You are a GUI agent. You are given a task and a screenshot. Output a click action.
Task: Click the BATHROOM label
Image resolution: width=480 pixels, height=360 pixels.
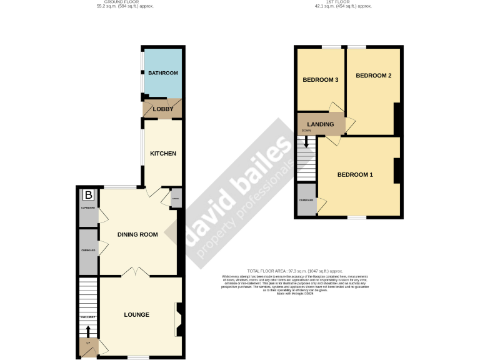point(162,73)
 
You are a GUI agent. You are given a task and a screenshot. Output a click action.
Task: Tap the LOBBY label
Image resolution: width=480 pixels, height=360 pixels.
point(163,109)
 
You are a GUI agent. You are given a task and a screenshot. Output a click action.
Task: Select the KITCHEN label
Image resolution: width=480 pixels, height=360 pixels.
point(162,154)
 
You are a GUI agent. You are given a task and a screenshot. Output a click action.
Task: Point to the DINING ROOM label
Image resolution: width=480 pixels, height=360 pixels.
point(137,234)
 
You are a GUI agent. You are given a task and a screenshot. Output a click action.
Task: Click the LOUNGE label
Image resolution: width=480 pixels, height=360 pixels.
point(136,314)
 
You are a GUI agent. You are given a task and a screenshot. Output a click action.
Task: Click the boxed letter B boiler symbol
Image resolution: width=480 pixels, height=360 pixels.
point(88,195)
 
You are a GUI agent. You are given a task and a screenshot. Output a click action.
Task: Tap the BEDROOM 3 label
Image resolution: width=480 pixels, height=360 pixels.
point(321,80)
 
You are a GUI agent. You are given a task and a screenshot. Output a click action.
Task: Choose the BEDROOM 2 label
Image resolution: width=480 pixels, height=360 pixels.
point(373,76)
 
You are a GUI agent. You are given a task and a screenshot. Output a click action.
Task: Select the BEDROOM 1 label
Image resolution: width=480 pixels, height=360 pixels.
point(355,174)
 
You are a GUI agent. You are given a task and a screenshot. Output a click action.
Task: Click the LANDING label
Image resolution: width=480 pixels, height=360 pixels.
point(320,125)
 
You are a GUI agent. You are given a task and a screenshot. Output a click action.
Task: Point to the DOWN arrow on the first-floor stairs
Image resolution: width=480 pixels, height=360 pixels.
point(306,142)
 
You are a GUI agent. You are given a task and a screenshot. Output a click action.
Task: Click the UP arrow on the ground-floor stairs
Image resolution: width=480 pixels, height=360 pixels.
point(87,331)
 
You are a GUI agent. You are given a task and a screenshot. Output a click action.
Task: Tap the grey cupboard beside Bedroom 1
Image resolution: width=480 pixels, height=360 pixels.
point(306,201)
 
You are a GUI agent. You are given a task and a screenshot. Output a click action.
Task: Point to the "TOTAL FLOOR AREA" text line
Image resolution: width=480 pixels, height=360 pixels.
point(295,271)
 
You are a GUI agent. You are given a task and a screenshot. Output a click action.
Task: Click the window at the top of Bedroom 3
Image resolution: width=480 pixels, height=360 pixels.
point(331,47)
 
